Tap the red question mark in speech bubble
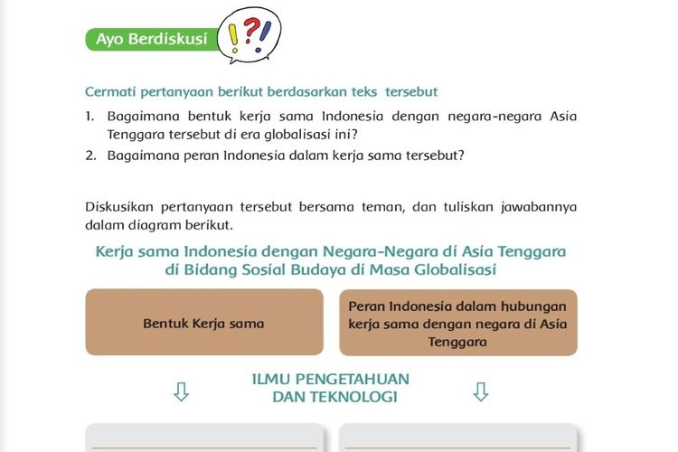click(250, 30)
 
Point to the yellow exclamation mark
click(233, 38)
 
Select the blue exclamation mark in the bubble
click(263, 37)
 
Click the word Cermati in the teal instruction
click(110, 91)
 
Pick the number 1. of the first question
click(89, 117)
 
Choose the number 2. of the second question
click(90, 155)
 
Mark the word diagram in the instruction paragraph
click(157, 225)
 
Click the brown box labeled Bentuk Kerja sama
click(204, 322)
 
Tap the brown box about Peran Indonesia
click(458, 323)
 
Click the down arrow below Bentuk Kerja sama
click(181, 391)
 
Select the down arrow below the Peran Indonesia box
click(481, 391)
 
